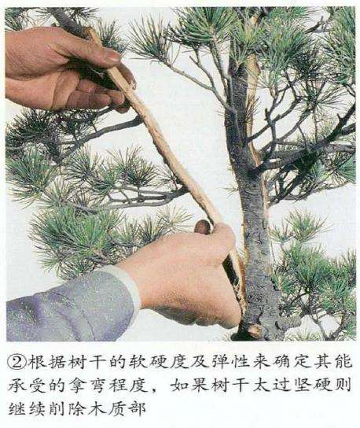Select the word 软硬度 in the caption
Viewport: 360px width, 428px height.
(x=144, y=363)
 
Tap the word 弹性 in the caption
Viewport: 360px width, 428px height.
(x=210, y=363)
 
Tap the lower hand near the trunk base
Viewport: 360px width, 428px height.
(x=189, y=271)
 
